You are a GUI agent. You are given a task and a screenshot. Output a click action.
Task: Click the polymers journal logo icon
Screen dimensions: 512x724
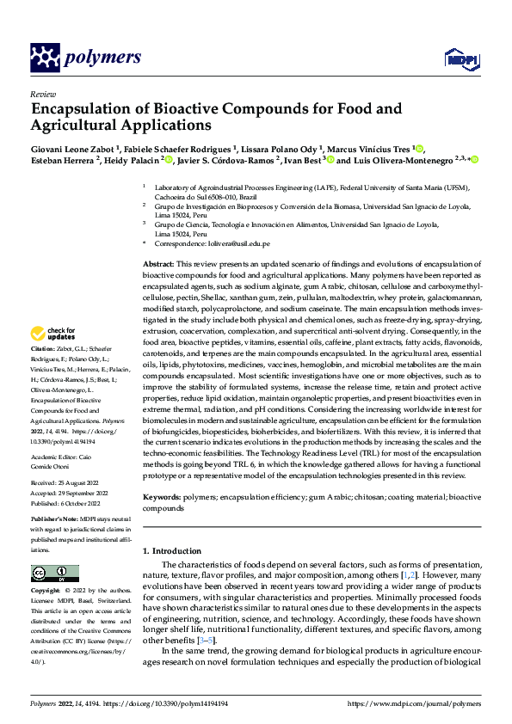(47, 58)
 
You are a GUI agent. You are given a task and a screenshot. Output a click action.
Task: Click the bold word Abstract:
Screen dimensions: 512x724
(157, 263)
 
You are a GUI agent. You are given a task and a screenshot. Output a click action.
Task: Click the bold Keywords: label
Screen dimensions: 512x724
(161, 498)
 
